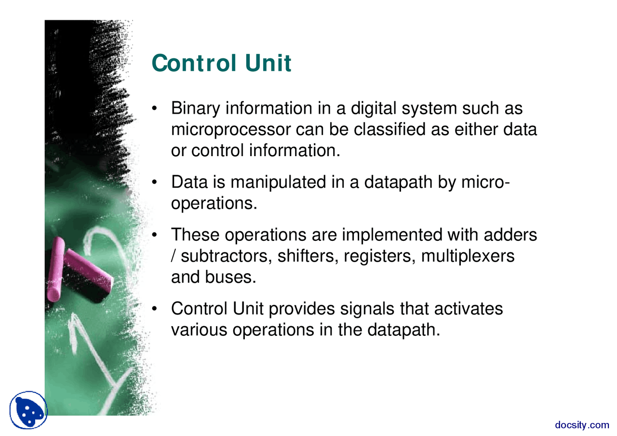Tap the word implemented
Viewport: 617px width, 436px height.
click(392, 235)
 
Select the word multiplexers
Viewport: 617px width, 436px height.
click(468, 256)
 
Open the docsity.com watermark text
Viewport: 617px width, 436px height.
click(582, 424)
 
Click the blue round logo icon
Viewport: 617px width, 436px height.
click(28, 410)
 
